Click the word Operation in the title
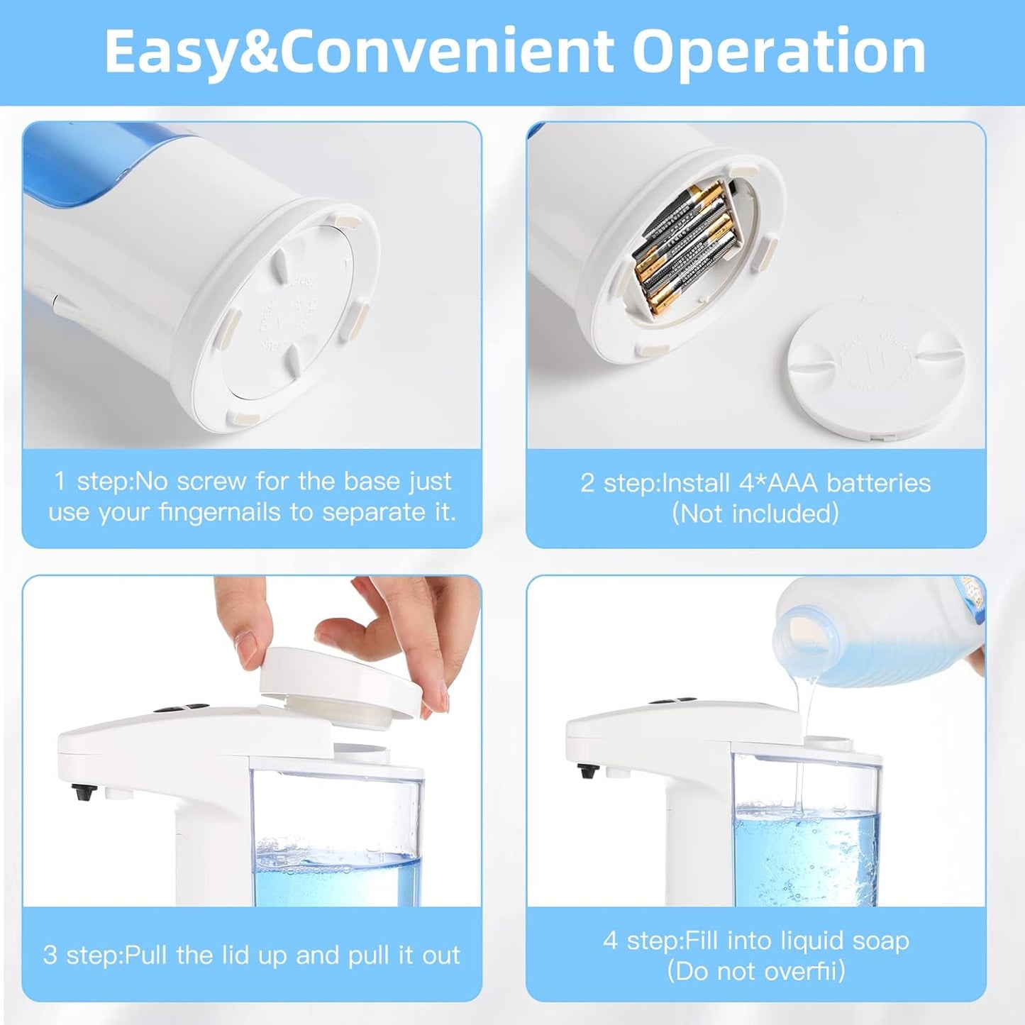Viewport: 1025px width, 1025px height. [779, 52]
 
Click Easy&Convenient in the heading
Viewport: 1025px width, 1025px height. [360, 52]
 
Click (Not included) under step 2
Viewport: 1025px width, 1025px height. [755, 514]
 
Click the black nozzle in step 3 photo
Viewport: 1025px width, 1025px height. [83, 792]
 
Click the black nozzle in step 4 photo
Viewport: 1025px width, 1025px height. [587, 770]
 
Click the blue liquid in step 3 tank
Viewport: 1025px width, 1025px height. [337, 880]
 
